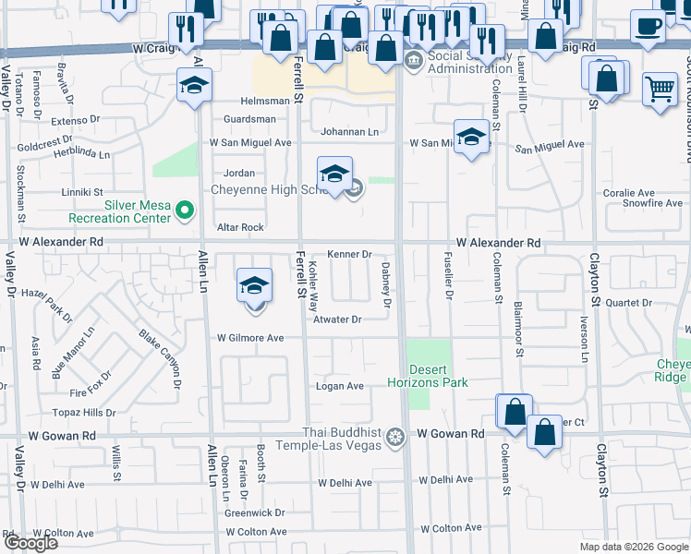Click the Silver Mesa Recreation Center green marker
pos(185,211)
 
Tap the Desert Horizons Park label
pos(428,375)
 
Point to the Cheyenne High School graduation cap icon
pos(334,175)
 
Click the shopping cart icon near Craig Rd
pos(660,90)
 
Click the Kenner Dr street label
pos(350,254)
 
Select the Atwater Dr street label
pos(336,319)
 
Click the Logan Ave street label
pos(340,386)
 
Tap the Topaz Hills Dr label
pos(86,413)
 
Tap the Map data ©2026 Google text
pos(633,548)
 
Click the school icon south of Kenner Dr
pos(254,286)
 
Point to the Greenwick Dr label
pos(255,512)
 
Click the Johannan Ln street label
pos(349,132)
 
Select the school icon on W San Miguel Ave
pos(471,138)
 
